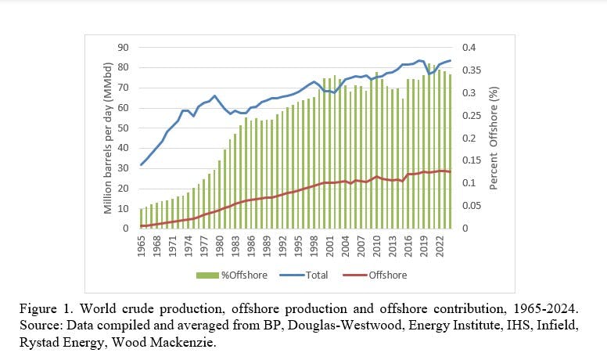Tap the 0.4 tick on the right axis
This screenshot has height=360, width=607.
tap(467, 47)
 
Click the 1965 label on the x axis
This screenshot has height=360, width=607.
tap(142, 244)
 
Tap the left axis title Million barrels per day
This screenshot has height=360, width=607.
tap(109, 138)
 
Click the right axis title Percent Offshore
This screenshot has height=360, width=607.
tap(494, 138)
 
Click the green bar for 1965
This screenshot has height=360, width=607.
tap(142, 218)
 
